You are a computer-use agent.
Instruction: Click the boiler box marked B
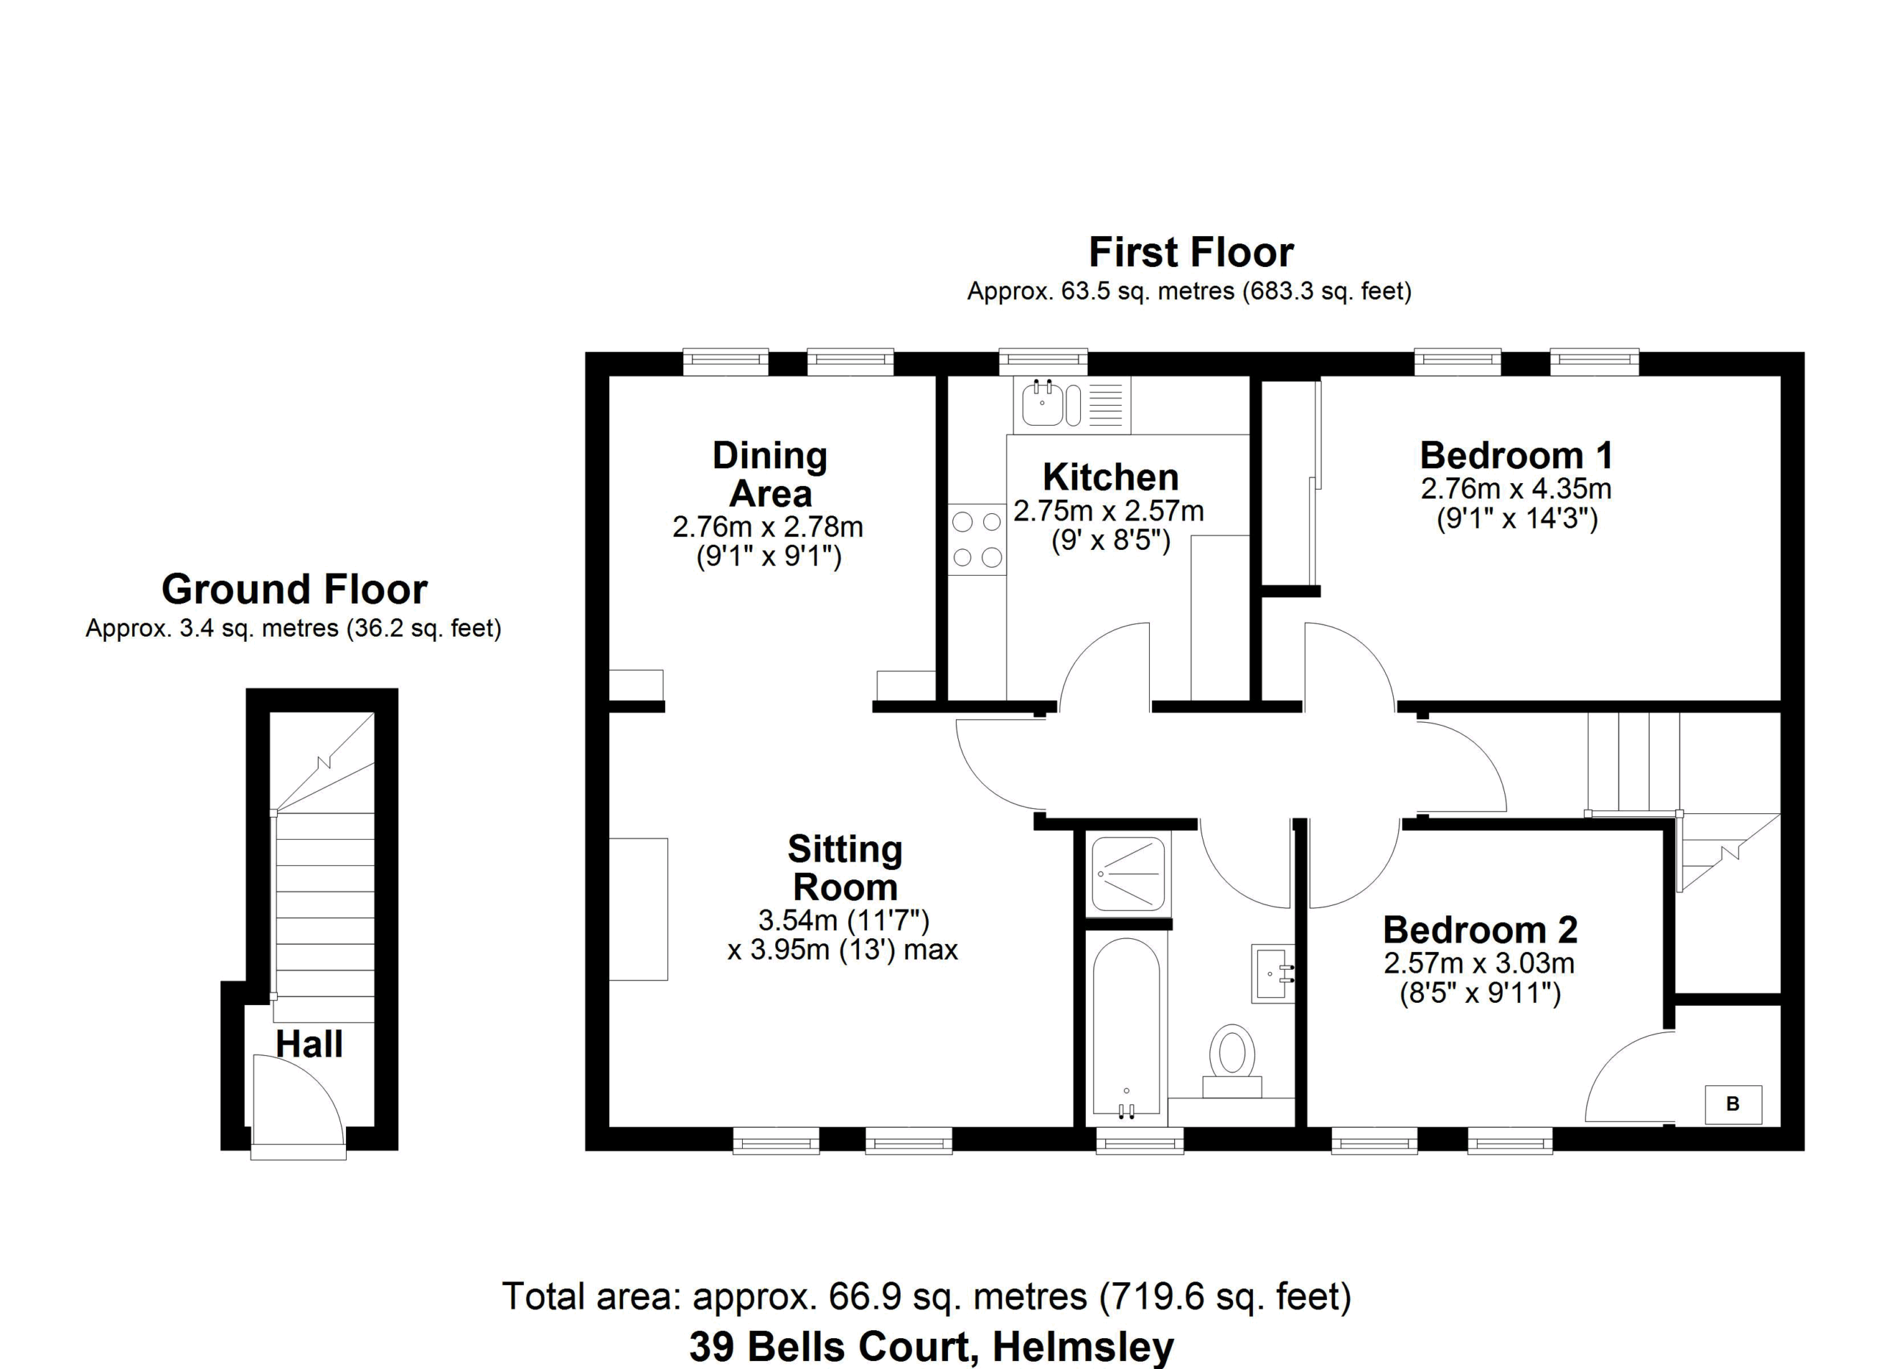pyautogui.click(x=1733, y=1104)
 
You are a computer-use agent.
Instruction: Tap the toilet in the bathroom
pyautogui.click(x=1231, y=1062)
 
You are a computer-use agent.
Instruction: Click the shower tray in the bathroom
pyautogui.click(x=1128, y=874)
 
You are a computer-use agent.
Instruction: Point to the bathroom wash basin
pyautogui.click(x=1272, y=973)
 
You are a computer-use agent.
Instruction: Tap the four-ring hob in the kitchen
pyautogui.click(x=977, y=540)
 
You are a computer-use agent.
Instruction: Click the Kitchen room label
pyautogui.click(x=1110, y=477)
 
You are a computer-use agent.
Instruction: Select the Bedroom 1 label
pyautogui.click(x=1516, y=456)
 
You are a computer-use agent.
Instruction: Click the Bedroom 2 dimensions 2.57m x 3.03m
pyautogui.click(x=1479, y=963)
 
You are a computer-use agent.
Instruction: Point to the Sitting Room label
pyautogui.click(x=845, y=868)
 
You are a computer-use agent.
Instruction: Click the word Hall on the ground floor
pyautogui.click(x=309, y=1044)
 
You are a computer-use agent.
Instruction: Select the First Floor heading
pyautogui.click(x=1191, y=252)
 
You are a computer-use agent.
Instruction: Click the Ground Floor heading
pyautogui.click(x=295, y=589)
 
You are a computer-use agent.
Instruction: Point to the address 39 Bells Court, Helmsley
pyautogui.click(x=932, y=1347)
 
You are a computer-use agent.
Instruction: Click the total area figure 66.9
pyautogui.click(x=862, y=1296)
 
